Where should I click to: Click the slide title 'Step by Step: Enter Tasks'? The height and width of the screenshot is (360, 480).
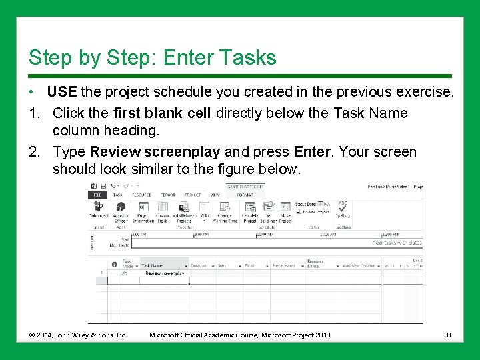tap(152, 57)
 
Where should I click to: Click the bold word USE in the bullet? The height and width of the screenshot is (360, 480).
tap(63, 91)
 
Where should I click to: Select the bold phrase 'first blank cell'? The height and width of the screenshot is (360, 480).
tap(161, 113)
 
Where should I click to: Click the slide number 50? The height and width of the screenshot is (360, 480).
tap(448, 335)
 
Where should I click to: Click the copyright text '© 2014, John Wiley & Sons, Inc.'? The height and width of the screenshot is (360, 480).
tap(77, 335)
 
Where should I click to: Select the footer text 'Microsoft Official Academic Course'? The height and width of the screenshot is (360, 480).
tap(203, 335)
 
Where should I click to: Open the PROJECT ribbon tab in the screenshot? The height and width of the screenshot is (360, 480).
tap(193, 195)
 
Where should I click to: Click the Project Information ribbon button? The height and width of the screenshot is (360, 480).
tap(143, 212)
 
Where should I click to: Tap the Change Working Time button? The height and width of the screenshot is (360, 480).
tap(225, 212)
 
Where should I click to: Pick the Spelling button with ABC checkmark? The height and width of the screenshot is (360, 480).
tap(343, 209)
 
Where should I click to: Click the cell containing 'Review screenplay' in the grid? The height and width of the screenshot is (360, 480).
tap(164, 274)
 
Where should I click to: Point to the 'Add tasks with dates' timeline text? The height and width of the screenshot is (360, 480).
tap(397, 243)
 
